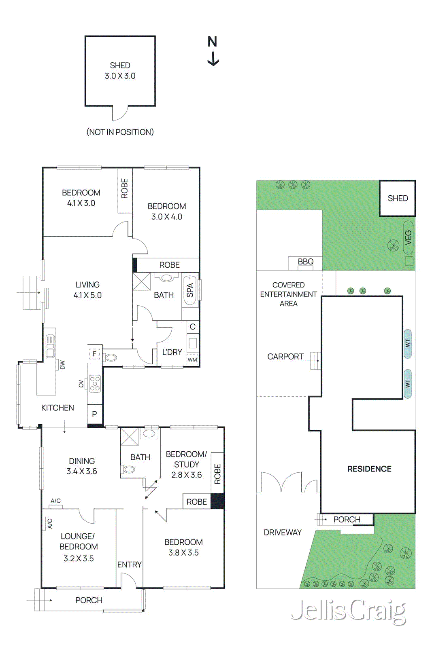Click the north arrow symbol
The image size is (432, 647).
click(x=213, y=51)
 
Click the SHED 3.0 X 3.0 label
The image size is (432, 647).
click(x=120, y=71)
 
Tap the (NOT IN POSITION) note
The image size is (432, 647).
click(x=120, y=132)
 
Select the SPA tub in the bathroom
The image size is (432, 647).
click(x=190, y=290)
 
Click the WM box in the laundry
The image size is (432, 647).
click(x=192, y=359)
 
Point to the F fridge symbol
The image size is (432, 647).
click(x=94, y=354)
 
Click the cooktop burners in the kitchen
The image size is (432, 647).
click(x=95, y=383)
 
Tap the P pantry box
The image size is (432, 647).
click(x=95, y=414)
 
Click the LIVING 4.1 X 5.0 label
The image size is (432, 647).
click(x=87, y=290)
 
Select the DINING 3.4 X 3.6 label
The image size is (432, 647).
click(x=82, y=466)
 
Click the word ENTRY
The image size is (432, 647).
click(x=129, y=565)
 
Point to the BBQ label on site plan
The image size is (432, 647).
click(x=306, y=262)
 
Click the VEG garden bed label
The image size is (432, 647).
click(x=408, y=237)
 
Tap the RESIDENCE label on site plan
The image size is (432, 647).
click(x=369, y=469)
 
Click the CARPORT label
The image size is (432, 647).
click(x=285, y=357)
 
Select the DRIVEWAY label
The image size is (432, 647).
click(x=283, y=533)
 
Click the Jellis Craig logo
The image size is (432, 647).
click(x=348, y=611)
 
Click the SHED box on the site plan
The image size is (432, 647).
click(x=397, y=198)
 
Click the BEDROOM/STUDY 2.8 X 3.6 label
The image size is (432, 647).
click(x=186, y=464)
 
